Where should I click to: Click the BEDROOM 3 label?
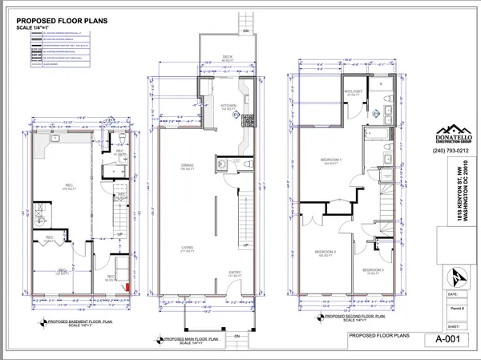pos(371,269)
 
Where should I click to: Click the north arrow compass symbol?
pos(455,276)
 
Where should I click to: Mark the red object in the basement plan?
pos(125,283)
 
